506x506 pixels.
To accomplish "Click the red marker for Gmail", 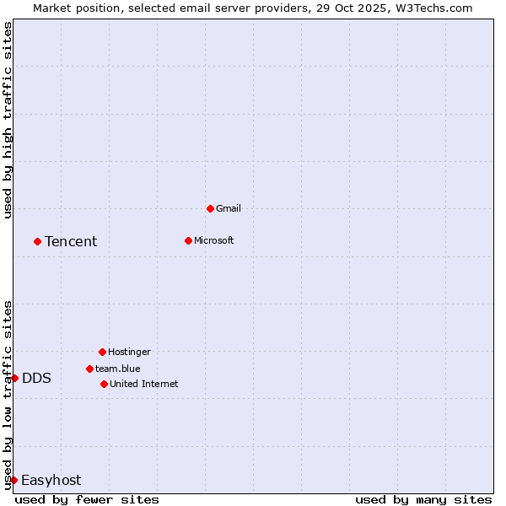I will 210,208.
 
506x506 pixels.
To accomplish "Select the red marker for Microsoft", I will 188,240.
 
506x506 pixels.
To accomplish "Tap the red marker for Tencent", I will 37,241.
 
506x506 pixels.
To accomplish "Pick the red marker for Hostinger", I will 102,352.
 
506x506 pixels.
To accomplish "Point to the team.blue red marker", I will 89,369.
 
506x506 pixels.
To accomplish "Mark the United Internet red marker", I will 104,384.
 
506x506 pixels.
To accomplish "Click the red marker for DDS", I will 14,378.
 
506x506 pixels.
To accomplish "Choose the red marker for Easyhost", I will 13,480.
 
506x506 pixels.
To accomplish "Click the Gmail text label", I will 229,208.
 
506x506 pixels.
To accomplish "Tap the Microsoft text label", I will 214,240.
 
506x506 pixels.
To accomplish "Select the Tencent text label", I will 71,242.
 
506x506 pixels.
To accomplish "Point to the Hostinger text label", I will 129,352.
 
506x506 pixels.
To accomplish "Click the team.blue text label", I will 118,369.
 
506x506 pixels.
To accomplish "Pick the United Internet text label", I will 144,384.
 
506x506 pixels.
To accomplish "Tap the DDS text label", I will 36,379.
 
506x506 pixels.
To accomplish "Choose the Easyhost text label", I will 51,481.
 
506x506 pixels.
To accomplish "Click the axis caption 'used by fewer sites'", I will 87,499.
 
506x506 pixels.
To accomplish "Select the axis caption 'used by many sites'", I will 423,499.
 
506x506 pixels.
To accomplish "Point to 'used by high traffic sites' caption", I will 8,121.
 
